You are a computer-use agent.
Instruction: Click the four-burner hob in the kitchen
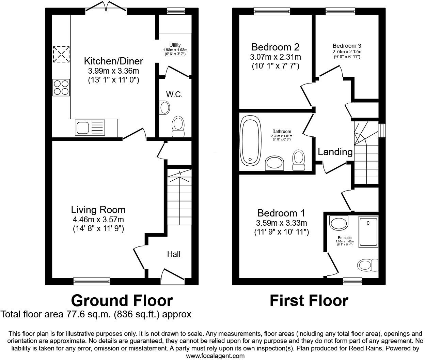[x=61, y=87]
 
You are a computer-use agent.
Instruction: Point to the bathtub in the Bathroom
[x=251, y=140]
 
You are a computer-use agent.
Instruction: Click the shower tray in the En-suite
[x=368, y=232]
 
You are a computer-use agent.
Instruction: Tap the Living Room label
[x=98, y=210]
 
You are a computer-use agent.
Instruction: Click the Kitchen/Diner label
[x=113, y=61]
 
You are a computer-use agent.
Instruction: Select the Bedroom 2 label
[x=276, y=47]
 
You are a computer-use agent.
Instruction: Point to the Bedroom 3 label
[x=347, y=46]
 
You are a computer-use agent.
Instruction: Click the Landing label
[x=335, y=152]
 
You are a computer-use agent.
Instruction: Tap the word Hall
[x=174, y=254]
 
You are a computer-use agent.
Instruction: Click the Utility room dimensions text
[x=175, y=52]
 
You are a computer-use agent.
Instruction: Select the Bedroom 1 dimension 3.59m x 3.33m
[x=281, y=223]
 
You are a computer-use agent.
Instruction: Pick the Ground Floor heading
[x=122, y=301]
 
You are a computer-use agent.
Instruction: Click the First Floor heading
[x=309, y=301]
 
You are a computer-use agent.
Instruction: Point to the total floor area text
[x=96, y=314]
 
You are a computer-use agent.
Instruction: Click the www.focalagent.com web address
[x=215, y=356]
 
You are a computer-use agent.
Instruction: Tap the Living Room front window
[x=92, y=281]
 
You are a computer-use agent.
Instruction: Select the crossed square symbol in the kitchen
[x=61, y=55]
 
